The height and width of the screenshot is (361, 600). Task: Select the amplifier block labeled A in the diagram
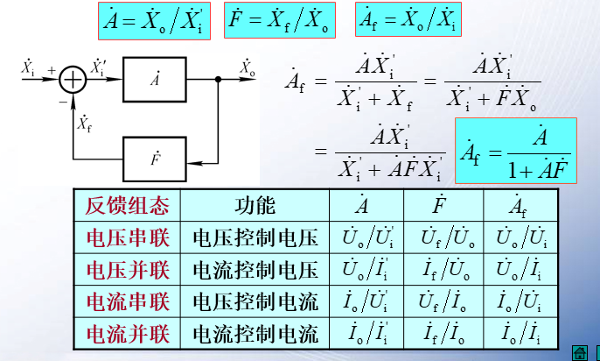pyautogui.click(x=155, y=80)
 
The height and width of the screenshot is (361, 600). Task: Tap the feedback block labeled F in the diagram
pyautogui.click(x=155, y=160)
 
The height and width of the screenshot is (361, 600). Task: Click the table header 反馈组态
pyautogui.click(x=126, y=207)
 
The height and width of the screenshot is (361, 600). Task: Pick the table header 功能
pyautogui.click(x=255, y=207)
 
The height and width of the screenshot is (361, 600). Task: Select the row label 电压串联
pyautogui.click(x=126, y=237)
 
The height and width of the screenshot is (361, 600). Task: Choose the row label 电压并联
pyautogui.click(x=126, y=269)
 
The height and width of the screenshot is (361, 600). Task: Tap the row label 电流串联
pyautogui.click(x=126, y=301)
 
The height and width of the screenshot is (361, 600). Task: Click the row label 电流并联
pyautogui.click(x=126, y=333)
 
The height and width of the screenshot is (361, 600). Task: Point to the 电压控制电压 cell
pyautogui.click(x=255, y=237)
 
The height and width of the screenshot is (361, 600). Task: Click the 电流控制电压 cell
pyautogui.click(x=255, y=269)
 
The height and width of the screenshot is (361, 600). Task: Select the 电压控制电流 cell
pyautogui.click(x=255, y=301)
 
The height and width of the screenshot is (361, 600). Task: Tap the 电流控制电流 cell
pyautogui.click(x=255, y=333)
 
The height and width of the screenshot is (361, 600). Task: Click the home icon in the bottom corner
pyautogui.click(x=578, y=352)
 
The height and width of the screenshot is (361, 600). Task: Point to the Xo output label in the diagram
pyautogui.click(x=248, y=66)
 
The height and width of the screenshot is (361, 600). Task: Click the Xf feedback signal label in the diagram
pyautogui.click(x=85, y=122)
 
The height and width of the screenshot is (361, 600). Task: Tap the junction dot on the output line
pyautogui.click(x=217, y=80)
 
